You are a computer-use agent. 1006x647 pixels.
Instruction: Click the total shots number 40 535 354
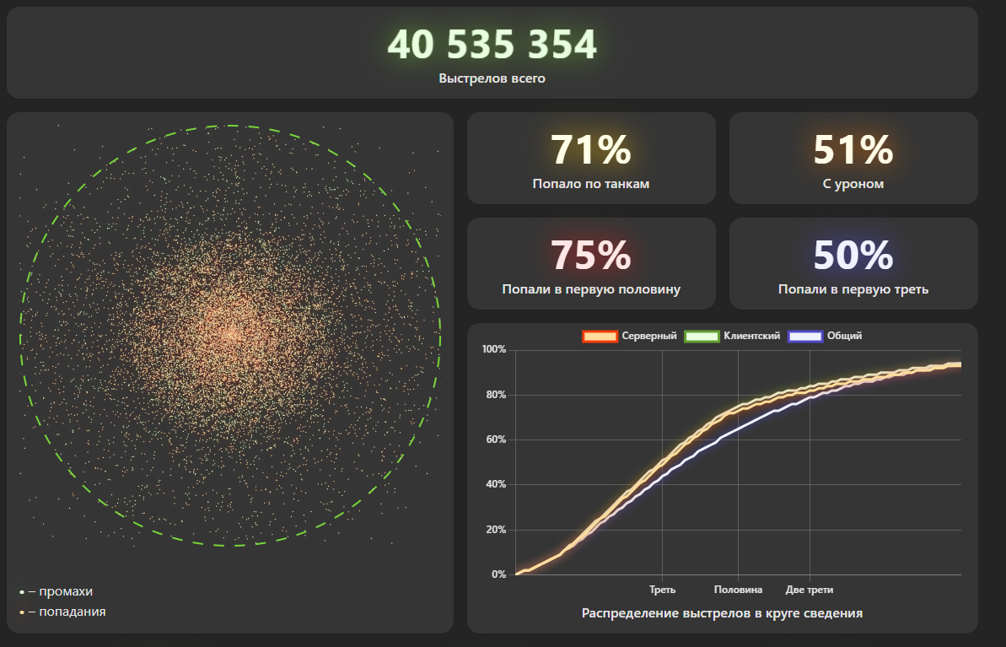click(x=492, y=45)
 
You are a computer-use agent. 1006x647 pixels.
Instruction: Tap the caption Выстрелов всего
click(x=492, y=78)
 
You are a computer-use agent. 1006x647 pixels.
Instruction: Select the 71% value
click(x=591, y=150)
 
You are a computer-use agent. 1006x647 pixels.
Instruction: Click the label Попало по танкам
click(x=591, y=183)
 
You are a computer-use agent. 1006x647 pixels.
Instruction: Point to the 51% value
click(x=853, y=150)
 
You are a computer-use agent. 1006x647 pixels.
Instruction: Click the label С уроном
click(x=853, y=183)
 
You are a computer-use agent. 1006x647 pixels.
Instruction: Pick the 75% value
click(x=591, y=256)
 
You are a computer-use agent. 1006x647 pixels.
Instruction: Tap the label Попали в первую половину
click(x=591, y=289)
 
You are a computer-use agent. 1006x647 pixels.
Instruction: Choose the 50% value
click(x=853, y=256)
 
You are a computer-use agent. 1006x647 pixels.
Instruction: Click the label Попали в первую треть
click(x=853, y=289)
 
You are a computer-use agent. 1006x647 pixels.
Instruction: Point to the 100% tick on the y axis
click(x=493, y=349)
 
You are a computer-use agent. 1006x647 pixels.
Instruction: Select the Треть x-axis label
click(x=662, y=590)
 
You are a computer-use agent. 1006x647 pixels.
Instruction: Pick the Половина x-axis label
click(x=738, y=590)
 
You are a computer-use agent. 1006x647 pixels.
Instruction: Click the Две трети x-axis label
click(x=810, y=590)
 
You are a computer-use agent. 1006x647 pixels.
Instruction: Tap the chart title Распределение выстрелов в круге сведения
click(x=722, y=613)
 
